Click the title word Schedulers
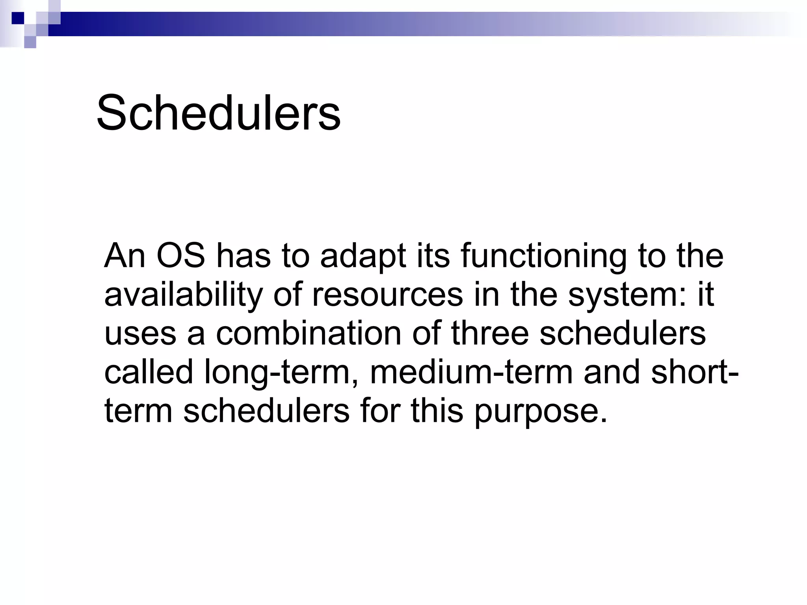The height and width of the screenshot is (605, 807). click(218, 113)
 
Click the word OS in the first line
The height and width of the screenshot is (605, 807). click(181, 256)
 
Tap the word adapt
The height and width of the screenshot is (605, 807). click(363, 256)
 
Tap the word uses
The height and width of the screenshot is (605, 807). click(140, 333)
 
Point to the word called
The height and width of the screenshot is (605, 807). click(149, 372)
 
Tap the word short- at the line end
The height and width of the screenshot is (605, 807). click(695, 372)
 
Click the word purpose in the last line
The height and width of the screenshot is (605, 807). click(540, 410)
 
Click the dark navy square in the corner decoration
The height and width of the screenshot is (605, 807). click(18, 18)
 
